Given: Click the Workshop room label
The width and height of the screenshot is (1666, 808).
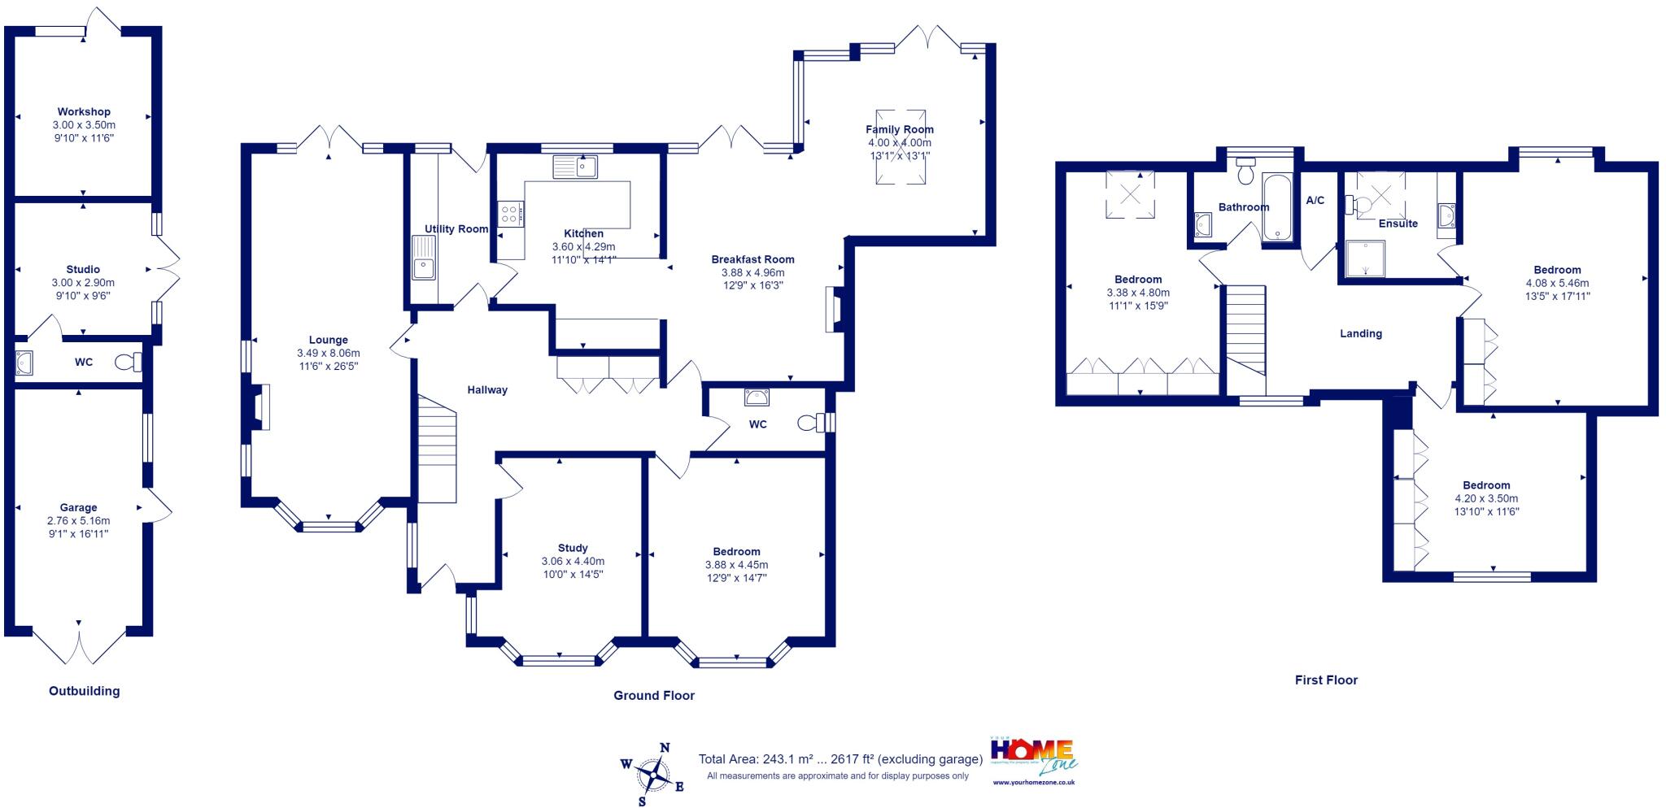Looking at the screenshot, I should click(x=84, y=112).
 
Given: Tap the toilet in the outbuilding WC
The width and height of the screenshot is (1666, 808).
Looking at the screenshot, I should click(x=129, y=362).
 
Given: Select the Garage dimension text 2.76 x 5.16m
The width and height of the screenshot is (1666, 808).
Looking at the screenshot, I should click(x=78, y=521).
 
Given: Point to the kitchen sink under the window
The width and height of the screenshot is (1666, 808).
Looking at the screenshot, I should click(x=575, y=167).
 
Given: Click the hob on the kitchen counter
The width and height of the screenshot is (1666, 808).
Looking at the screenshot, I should click(x=512, y=214).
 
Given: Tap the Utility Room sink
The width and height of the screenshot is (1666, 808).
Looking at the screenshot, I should click(x=424, y=257).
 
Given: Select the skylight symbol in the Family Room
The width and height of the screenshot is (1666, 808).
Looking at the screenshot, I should click(x=900, y=146).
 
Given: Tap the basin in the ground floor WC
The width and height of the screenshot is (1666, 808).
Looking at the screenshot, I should click(x=757, y=397).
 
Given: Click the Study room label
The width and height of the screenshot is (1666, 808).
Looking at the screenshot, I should click(x=573, y=548).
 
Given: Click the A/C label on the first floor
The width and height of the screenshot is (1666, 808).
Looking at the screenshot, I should click(x=1315, y=201).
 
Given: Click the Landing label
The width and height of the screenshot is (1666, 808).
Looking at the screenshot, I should click(x=1361, y=333).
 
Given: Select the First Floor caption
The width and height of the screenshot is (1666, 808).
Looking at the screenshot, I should click(x=1326, y=680).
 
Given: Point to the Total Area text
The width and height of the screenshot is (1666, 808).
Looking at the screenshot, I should click(x=840, y=759).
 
